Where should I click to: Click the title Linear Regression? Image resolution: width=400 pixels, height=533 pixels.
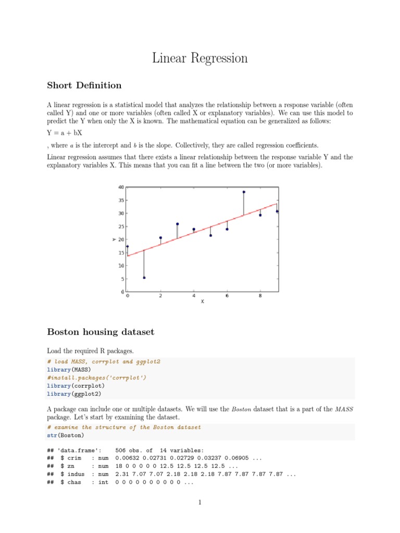tap(200, 58)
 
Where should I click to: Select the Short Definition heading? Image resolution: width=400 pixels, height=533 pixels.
tap(84, 85)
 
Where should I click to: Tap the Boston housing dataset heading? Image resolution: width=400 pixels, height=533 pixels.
tap(101, 332)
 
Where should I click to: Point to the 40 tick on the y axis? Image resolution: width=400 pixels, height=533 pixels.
tap(121, 187)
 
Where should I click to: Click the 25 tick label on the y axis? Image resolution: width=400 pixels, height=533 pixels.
tap(121, 226)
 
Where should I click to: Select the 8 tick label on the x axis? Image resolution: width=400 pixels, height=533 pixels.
tap(260, 296)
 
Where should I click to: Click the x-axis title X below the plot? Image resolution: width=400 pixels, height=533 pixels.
tap(203, 301)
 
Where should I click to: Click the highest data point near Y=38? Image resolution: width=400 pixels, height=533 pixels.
tap(244, 192)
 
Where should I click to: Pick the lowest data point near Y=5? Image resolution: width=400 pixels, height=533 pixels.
tap(144, 277)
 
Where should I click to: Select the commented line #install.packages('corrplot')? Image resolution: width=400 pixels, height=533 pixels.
tap(97, 377)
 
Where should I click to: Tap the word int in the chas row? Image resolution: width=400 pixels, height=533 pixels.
tap(103, 483)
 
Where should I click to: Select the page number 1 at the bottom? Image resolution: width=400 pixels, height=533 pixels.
tap(200, 502)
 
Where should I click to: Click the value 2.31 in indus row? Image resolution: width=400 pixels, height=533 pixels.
tap(123, 474)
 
